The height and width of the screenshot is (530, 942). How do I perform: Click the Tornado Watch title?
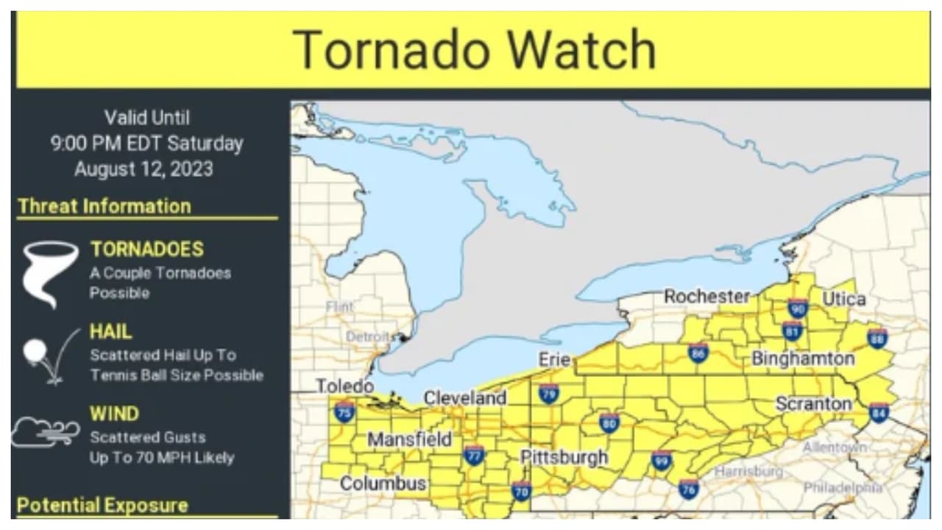coord(474,50)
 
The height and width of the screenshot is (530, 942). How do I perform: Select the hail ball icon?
coord(35,351)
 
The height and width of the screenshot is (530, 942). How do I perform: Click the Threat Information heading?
coord(105,207)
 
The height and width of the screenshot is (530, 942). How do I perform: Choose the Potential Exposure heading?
coord(102,506)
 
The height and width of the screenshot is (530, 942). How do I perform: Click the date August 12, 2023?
coord(144,169)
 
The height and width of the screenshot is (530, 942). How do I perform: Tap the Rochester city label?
coord(706,297)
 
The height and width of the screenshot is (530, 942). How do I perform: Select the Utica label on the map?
coord(843,300)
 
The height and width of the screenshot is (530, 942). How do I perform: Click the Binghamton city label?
coord(803,359)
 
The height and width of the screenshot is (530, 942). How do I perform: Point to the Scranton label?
coord(813,404)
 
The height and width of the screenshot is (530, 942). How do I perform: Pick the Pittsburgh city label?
coord(564,457)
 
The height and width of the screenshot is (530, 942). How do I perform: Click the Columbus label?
coord(383,484)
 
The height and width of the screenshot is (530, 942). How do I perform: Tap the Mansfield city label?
coord(410,440)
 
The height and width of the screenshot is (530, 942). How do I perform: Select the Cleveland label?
coord(465,398)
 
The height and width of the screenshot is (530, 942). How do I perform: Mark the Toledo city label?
coord(344,386)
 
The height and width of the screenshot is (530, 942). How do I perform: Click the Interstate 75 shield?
coord(344,411)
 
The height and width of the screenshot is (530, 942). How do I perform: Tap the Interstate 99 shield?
coord(662,461)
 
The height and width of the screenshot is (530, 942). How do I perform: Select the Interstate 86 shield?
coord(698,353)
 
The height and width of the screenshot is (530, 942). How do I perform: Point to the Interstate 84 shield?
coord(879,412)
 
